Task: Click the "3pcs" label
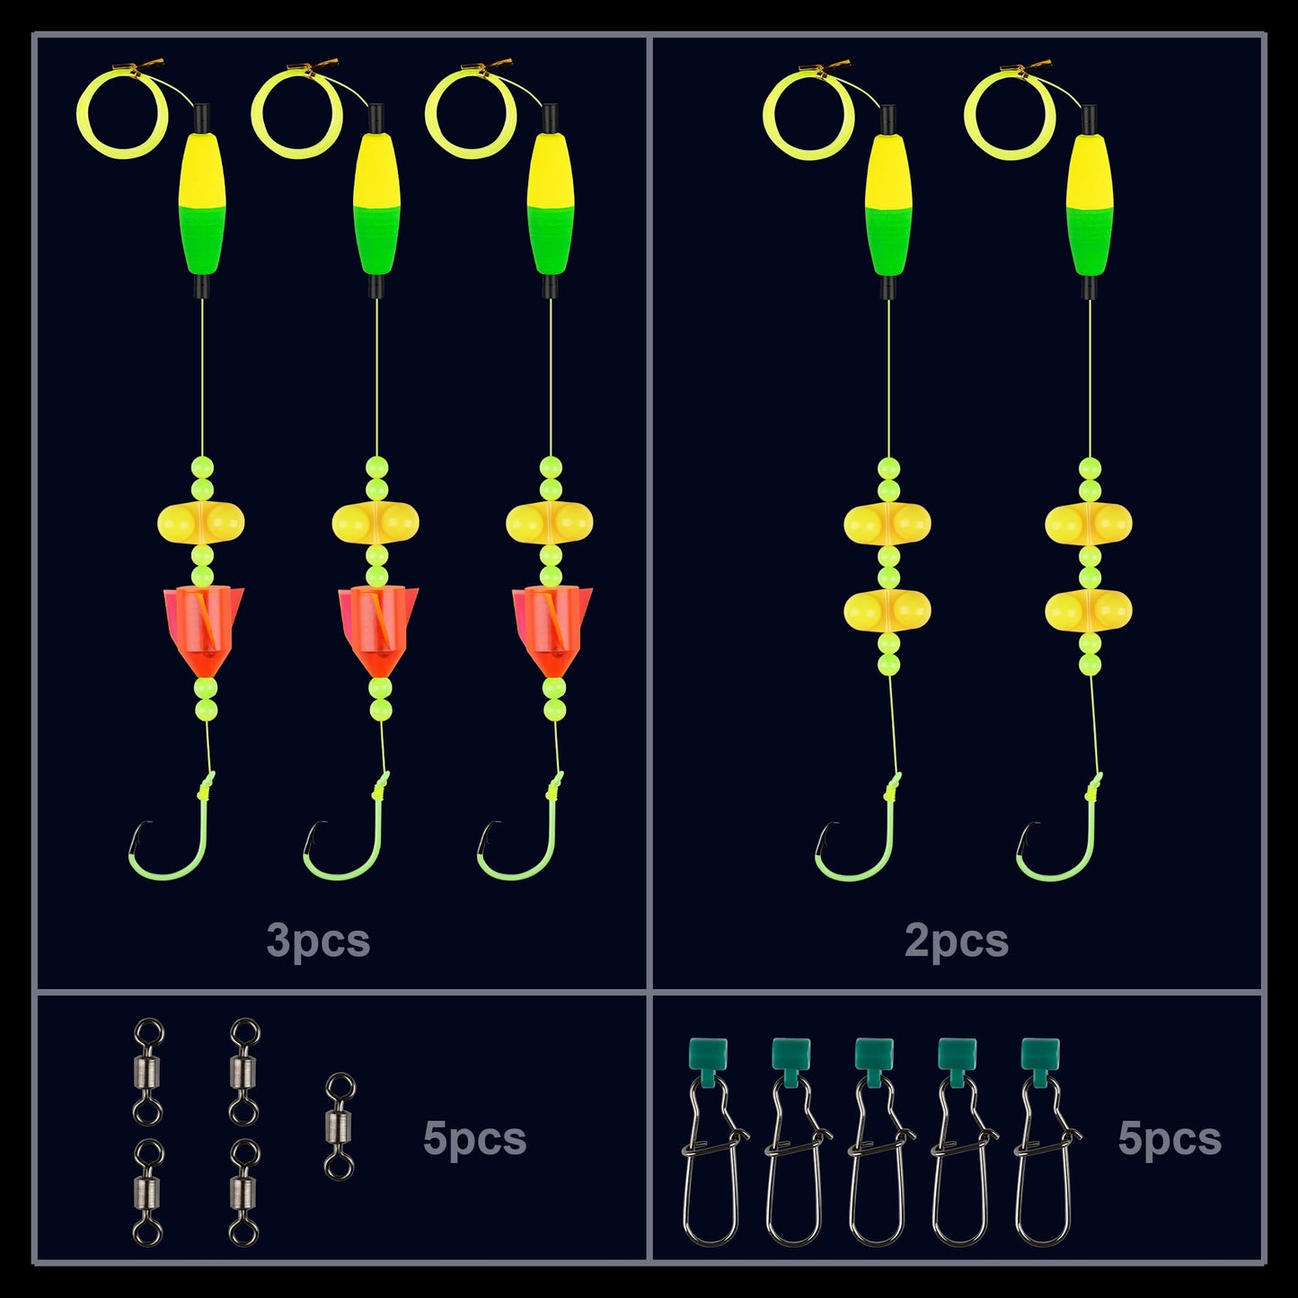point(318,940)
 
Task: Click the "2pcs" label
point(956,940)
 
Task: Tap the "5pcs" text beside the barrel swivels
point(474,1138)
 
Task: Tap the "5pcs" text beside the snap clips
point(1170,1138)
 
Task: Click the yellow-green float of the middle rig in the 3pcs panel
point(376,203)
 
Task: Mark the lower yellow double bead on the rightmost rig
point(1089,610)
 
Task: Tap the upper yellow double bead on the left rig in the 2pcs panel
point(887,524)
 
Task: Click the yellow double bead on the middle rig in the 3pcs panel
point(375,522)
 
